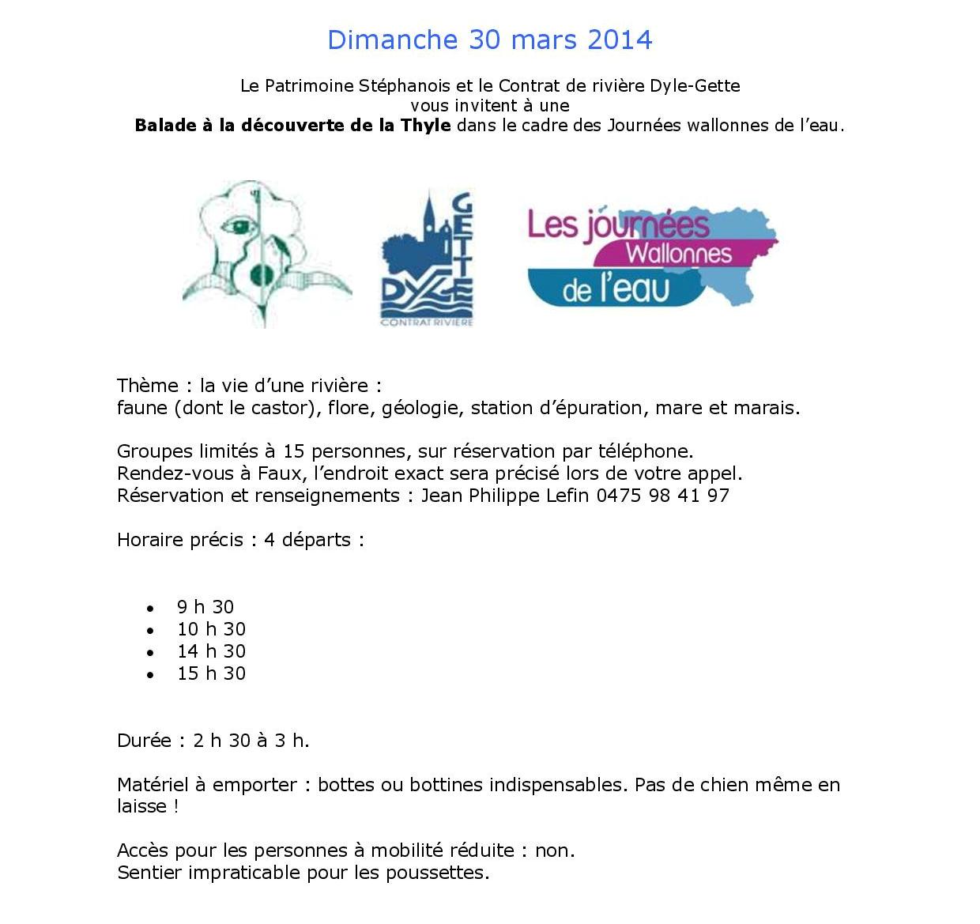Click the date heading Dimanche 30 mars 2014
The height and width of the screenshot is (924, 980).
coord(490,40)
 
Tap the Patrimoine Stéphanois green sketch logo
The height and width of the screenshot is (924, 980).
coord(267,253)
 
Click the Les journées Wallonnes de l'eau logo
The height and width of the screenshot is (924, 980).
coord(652,258)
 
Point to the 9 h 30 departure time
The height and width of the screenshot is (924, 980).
coord(205,607)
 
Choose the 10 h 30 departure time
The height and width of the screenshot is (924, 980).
coord(211,629)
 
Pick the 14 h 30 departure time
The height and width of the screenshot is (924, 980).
coord(211,651)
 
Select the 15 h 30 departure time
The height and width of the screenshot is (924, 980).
coord(211,673)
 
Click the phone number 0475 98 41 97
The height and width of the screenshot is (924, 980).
coord(662,496)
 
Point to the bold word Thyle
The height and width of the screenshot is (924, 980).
coord(426,126)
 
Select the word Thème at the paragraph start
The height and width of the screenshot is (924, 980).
coord(148,386)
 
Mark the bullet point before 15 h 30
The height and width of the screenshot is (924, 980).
coord(150,674)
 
